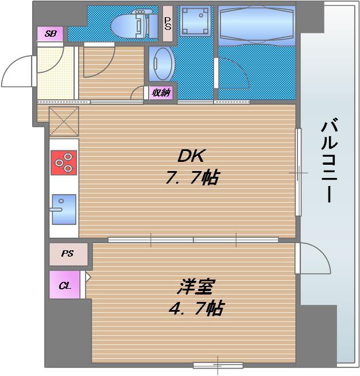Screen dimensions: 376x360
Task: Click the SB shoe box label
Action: (x=50, y=34)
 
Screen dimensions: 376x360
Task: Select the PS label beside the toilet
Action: (x=168, y=24)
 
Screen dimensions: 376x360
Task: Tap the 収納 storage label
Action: (x=161, y=92)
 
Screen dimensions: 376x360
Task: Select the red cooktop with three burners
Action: (x=64, y=162)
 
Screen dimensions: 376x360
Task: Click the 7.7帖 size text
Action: (x=192, y=178)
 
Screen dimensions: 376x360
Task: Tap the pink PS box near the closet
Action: (x=68, y=253)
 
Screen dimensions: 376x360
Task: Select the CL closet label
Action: (x=64, y=285)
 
